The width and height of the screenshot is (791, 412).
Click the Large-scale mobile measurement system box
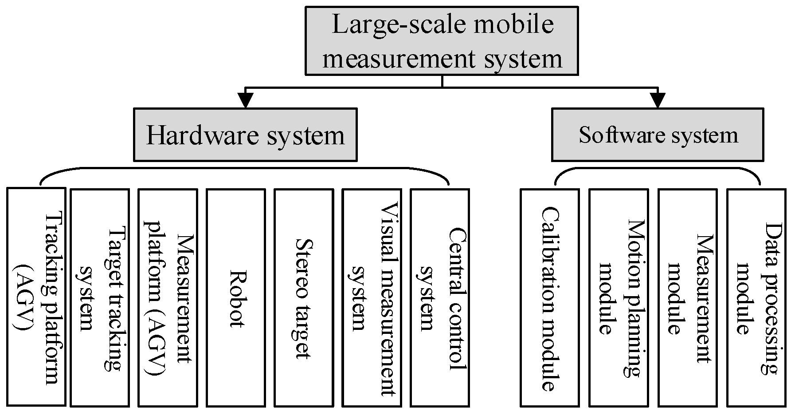point(442,40)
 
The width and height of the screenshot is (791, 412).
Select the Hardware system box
point(245,135)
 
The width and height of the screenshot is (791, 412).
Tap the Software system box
point(658,135)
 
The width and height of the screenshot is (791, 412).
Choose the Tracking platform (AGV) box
point(36,297)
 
